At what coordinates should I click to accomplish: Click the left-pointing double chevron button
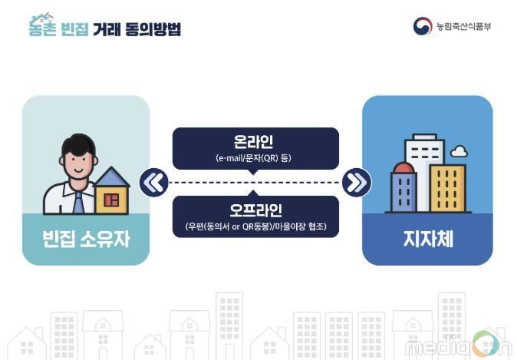coord(154,183)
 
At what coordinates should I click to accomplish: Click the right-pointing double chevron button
coord(357,183)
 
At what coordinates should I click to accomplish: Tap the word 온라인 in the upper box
coord(253,141)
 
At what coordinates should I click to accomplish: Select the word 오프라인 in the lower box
coord(255,210)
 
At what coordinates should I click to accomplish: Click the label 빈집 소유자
coord(86,239)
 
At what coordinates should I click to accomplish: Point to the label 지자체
coord(428,239)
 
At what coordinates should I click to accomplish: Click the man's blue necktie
coord(78,203)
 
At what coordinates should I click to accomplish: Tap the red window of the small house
coord(111,200)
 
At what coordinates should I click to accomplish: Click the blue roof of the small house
coord(112,177)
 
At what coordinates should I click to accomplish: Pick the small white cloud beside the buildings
coord(459,151)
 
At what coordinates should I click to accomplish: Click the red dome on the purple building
coord(404,167)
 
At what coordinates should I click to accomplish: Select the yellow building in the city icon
coord(448,188)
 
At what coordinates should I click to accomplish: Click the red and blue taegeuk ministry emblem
coord(423,26)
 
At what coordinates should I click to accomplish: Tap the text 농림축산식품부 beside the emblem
coord(464,26)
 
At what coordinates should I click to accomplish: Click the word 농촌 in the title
coord(42,28)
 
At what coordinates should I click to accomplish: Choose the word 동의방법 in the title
coord(153,29)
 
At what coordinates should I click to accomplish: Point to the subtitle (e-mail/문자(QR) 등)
coord(254,158)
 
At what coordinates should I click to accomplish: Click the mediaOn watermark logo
coord(458,345)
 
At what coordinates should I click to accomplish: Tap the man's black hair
coord(78,144)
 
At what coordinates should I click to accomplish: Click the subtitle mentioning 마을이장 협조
coord(256,226)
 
